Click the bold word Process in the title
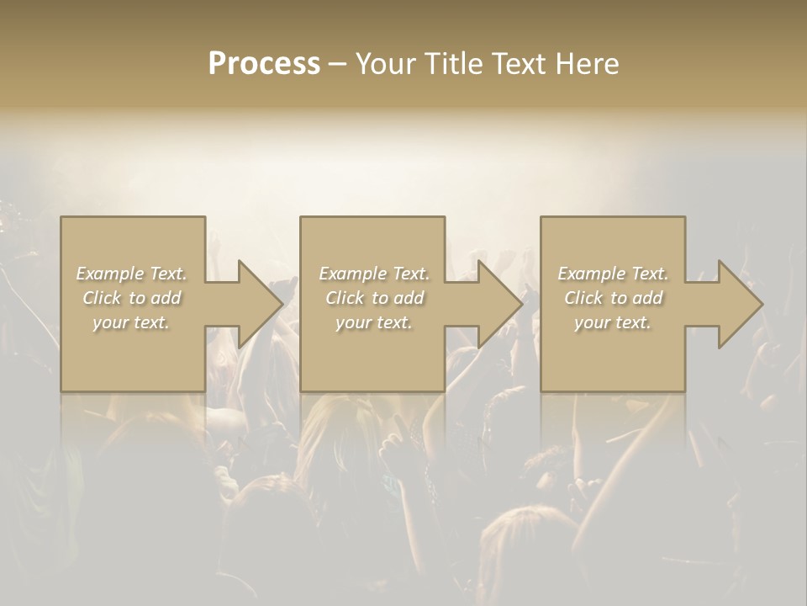[264, 63]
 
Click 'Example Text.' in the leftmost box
[131, 274]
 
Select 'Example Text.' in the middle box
[373, 274]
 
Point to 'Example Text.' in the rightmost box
[613, 274]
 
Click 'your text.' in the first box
[131, 322]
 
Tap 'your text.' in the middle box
[373, 322]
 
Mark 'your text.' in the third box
[613, 322]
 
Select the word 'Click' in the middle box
[345, 298]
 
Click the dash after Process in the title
[337, 64]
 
